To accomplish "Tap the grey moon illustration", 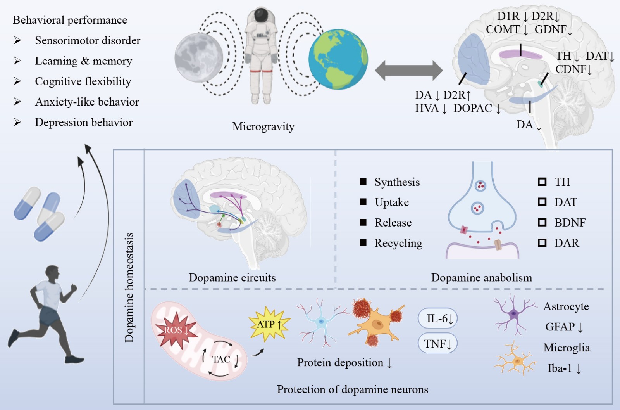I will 199,57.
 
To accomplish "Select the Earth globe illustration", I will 338,59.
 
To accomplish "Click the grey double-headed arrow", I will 408,70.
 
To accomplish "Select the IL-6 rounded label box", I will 438,319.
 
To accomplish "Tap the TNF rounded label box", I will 438,344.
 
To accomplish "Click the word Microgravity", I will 263,126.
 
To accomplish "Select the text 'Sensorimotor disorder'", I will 88,40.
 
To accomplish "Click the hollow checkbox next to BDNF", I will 542,222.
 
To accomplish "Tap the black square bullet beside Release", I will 363,222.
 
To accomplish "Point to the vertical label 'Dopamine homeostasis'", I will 129,287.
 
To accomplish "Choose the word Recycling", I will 398,243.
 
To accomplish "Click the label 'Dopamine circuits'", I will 232,278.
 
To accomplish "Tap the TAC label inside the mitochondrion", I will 221,359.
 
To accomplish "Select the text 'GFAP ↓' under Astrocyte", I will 564,327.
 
